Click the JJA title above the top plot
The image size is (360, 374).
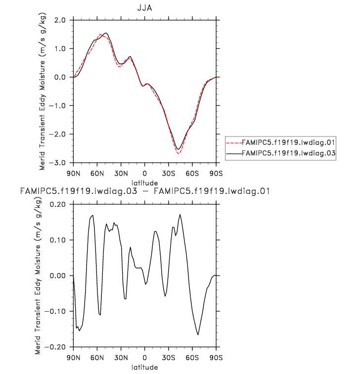tap(144, 8)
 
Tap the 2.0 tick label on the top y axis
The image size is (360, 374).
tap(60, 20)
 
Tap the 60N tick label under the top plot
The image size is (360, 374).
tap(97, 173)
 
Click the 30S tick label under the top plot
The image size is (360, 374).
tap(169, 173)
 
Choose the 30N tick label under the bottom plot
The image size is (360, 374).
tap(121, 357)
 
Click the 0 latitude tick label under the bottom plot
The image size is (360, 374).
tap(144, 357)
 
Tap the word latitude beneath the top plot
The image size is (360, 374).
tap(144, 182)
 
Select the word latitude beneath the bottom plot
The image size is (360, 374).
tap(144, 367)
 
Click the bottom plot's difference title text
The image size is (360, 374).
tap(144, 190)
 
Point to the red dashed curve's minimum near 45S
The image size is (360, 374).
tap(179, 154)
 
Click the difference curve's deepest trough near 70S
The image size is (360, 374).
tap(198, 335)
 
